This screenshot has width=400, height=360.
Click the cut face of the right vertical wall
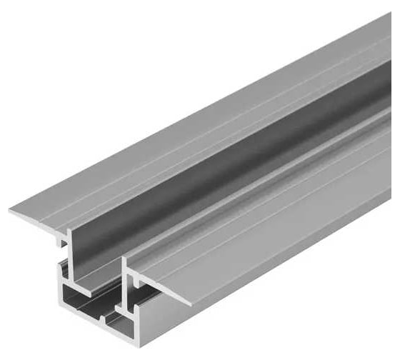pyautogui.click(x=126, y=286)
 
